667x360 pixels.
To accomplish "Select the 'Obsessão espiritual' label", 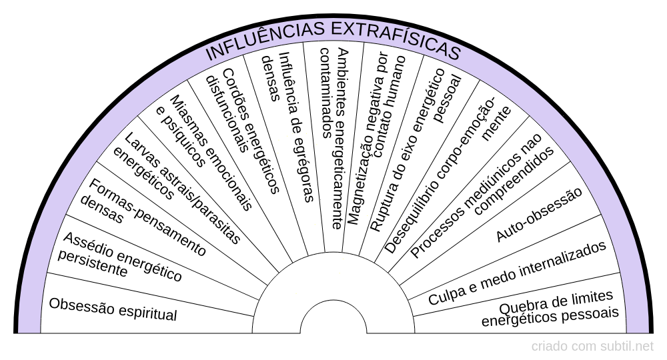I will pos(113,309).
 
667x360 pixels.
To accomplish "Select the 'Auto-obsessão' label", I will pos(539,215).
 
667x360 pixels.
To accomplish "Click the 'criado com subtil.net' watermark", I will pos(592,346).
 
